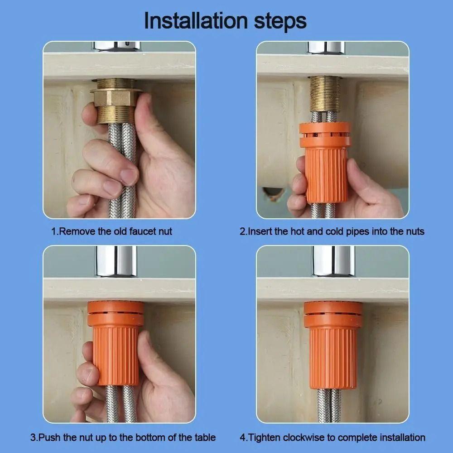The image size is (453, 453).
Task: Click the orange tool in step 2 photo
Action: pos(325,163)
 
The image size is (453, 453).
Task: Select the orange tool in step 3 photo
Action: pos(116,344)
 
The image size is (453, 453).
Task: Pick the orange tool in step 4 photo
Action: pos(333,344)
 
